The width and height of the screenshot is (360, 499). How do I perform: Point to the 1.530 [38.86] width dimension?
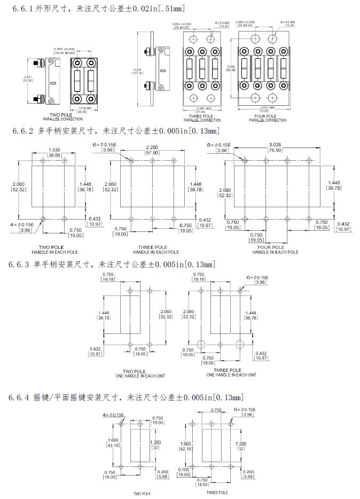(x=53, y=152)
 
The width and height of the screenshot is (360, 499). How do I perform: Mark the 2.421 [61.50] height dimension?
(x=27, y=80)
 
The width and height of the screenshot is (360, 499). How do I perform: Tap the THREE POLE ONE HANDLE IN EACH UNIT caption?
(x=228, y=372)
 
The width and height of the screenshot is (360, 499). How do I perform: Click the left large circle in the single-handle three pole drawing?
(x=201, y=344)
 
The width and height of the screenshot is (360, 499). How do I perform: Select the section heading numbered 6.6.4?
(x=126, y=397)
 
